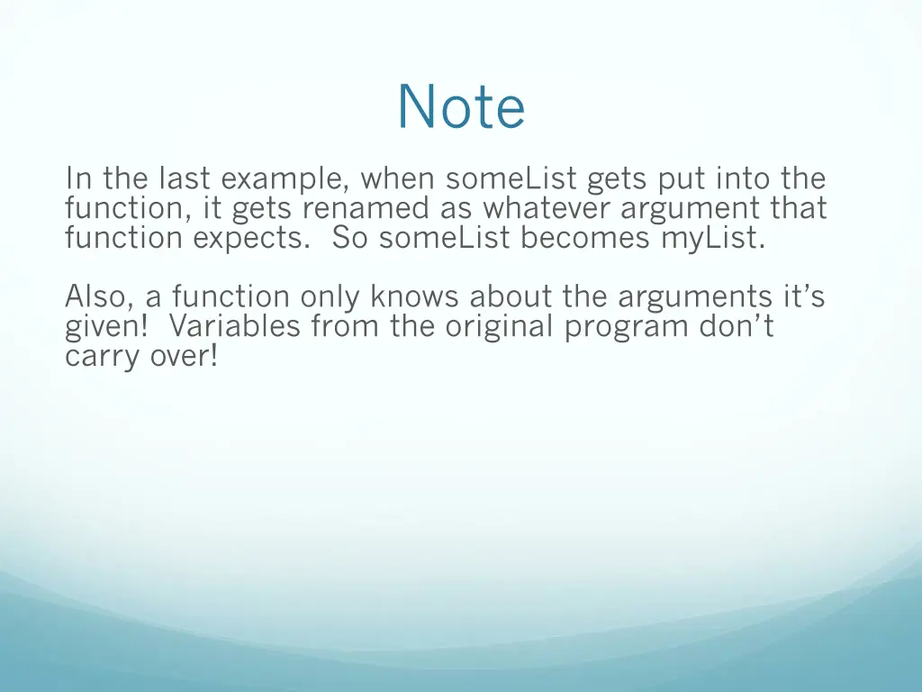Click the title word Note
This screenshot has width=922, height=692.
[x=461, y=107]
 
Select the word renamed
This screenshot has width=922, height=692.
[x=366, y=209]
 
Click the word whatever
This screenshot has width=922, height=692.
[x=548, y=209]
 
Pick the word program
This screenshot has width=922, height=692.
[x=627, y=327]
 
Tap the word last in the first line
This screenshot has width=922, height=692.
[x=186, y=179]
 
